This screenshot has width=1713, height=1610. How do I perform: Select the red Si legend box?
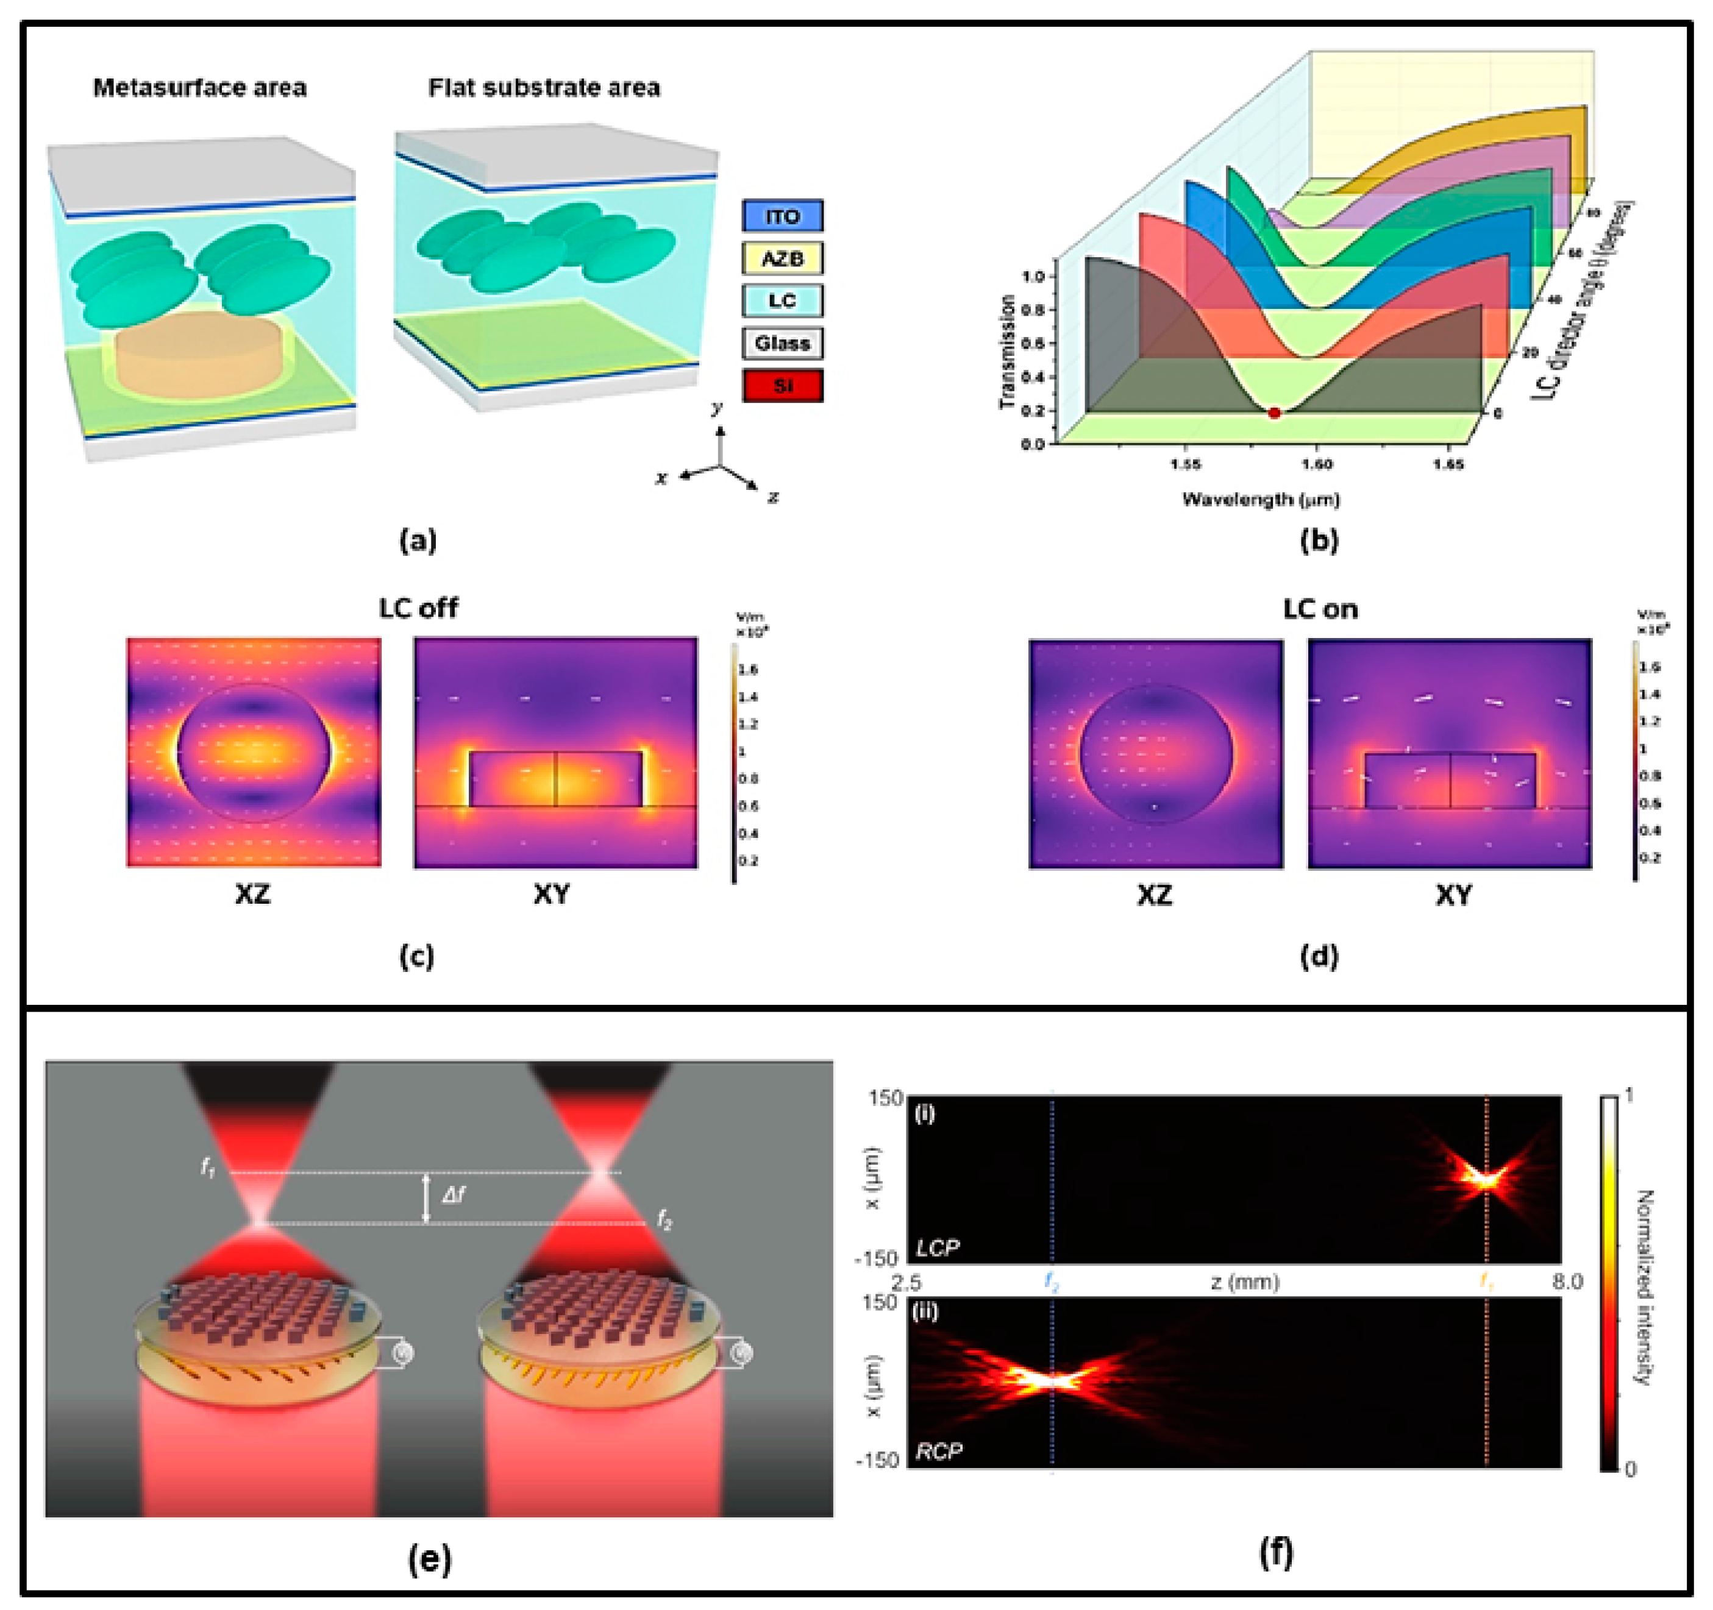pos(782,385)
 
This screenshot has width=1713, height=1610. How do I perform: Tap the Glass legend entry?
pos(782,343)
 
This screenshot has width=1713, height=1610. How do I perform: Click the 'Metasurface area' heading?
pos(199,88)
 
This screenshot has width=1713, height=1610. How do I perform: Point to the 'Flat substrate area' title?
pos(544,88)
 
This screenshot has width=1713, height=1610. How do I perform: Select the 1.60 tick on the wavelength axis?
pos(1317,464)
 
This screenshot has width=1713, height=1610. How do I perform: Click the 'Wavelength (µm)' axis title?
pos(1261,498)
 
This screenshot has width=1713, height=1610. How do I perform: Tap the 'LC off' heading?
pos(418,608)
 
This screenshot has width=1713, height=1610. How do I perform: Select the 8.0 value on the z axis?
pos(1567,1282)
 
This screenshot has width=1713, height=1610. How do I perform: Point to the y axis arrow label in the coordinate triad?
pos(717,408)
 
